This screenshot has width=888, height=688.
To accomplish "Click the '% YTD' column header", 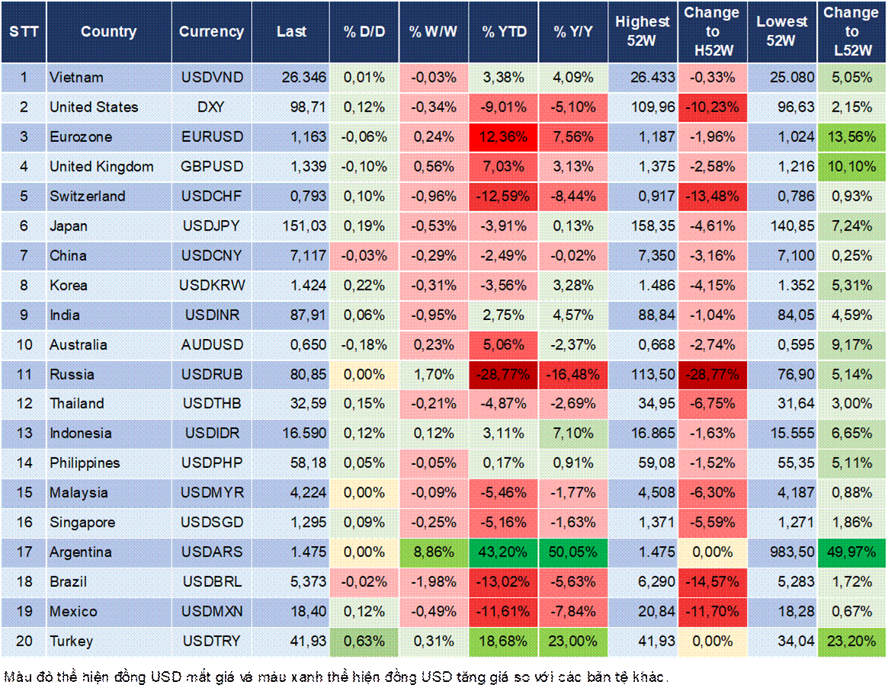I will [x=503, y=32].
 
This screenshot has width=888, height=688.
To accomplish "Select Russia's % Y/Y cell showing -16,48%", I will [x=572, y=374].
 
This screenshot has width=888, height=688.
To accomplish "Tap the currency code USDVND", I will [x=211, y=78].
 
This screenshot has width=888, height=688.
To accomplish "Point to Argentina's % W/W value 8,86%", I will [x=433, y=552].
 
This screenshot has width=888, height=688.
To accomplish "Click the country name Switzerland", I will [x=88, y=197].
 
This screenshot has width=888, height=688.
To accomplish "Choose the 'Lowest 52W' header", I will [x=781, y=32].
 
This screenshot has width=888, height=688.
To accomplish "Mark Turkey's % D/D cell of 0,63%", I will [x=364, y=642].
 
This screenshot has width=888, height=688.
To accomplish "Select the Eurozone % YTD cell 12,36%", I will [x=503, y=137].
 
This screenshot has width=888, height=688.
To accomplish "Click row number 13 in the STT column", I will [x=24, y=434].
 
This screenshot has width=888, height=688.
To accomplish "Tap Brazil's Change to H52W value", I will [x=712, y=582].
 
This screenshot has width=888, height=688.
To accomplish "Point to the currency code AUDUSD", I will [x=211, y=345].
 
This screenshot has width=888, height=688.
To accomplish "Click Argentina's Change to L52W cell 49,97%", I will [x=851, y=552].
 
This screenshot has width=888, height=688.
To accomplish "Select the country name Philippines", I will [x=85, y=463].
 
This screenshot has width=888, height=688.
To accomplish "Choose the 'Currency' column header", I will [x=211, y=32].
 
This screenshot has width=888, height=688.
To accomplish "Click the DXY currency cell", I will [x=211, y=107].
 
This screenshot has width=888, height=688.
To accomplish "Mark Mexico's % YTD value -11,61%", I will [x=503, y=612].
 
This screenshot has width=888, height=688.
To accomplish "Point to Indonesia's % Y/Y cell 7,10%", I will [x=572, y=434].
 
